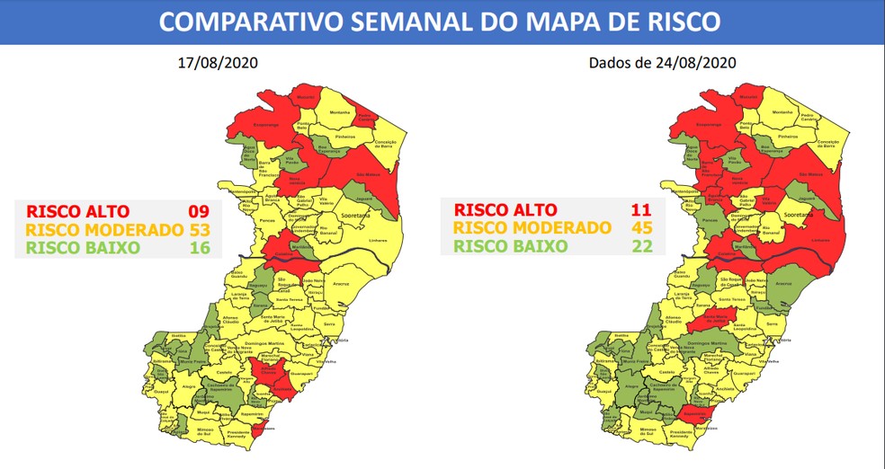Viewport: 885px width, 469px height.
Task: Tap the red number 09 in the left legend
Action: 198,211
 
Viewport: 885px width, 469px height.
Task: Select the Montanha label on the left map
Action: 340,112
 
